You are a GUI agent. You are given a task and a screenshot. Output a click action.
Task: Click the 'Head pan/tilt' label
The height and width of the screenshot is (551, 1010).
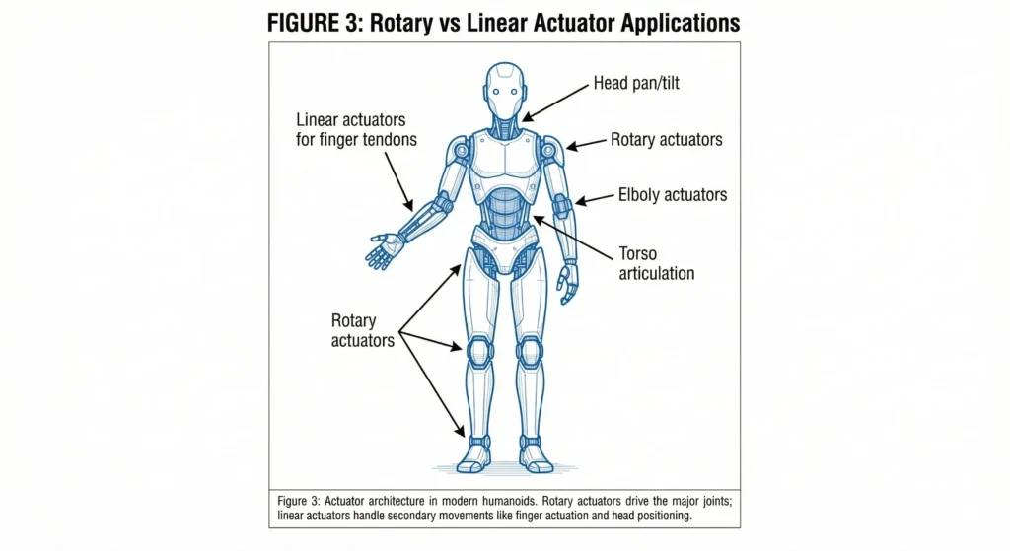point(635,84)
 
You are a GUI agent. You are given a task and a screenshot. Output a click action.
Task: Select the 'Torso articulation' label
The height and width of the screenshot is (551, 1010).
point(657,261)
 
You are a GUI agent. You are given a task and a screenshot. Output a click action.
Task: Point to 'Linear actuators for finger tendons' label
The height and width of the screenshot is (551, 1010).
point(356,130)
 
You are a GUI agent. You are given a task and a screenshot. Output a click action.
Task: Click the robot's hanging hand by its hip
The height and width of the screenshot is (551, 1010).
point(567,282)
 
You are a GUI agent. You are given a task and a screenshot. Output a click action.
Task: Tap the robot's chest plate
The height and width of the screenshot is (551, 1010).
point(505,158)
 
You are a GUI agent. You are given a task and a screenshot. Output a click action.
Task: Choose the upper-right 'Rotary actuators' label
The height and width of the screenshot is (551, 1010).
point(666,140)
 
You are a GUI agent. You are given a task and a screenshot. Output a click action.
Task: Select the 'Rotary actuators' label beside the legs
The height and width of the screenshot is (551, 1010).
point(362,331)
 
